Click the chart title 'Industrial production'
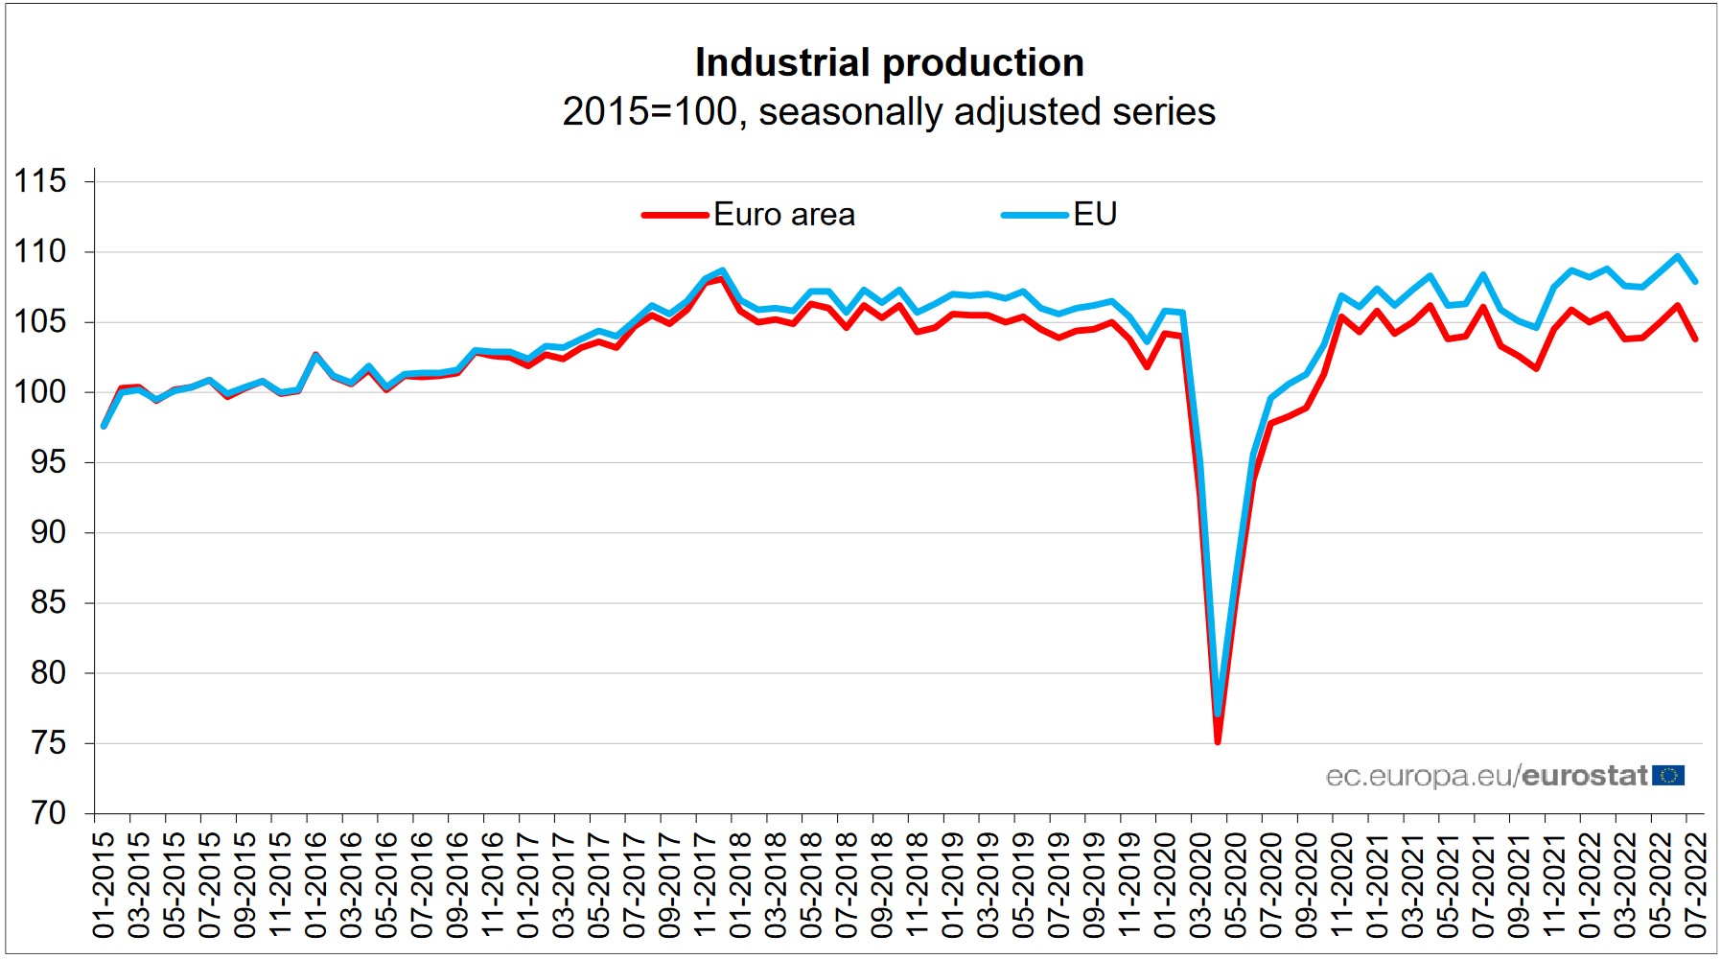tap(889, 63)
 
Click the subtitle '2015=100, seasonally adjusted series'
tap(889, 111)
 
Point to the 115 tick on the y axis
tap(40, 181)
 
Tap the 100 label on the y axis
tap(40, 392)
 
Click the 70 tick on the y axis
tap(47, 813)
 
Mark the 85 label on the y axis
tap(47, 602)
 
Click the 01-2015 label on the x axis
tap(104, 884)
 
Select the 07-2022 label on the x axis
tap(1695, 884)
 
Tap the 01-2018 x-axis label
tap(740, 884)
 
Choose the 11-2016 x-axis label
tap(493, 884)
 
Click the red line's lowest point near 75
tap(1218, 741)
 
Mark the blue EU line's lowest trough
tap(1218, 714)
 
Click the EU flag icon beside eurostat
tap(1668, 775)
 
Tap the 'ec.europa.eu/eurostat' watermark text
tap(1486, 776)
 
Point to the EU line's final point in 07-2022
tap(1695, 281)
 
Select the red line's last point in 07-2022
tap(1695, 339)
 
